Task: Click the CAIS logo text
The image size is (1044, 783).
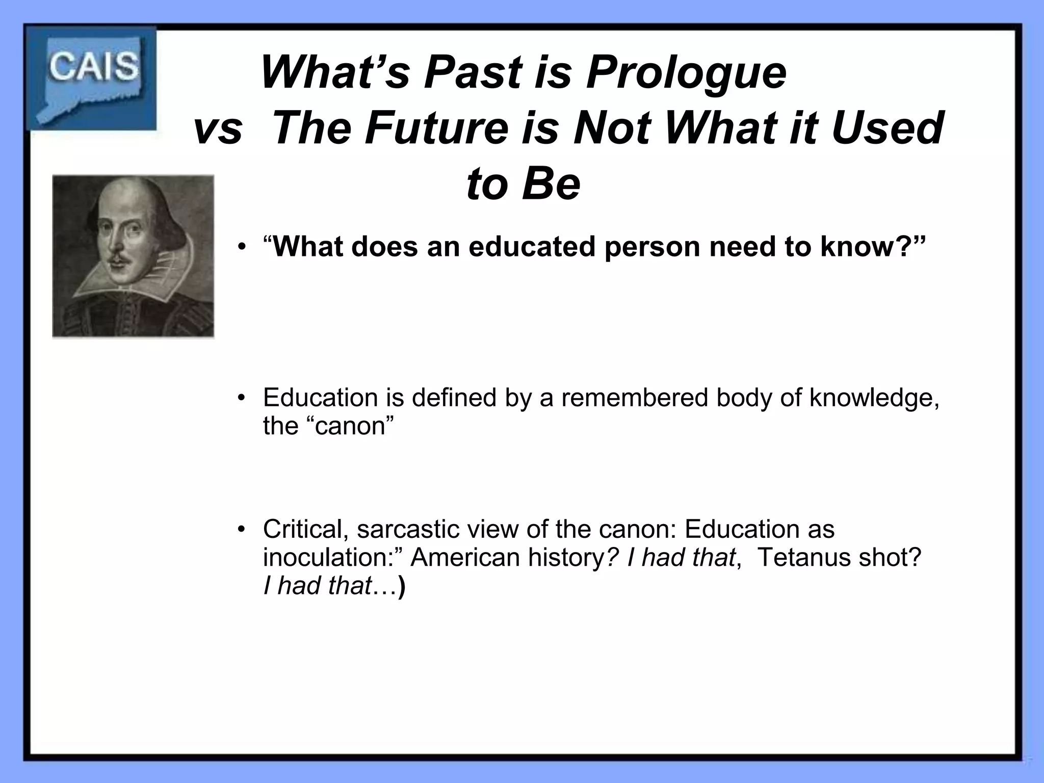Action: click(93, 67)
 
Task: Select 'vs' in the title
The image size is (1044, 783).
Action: click(218, 128)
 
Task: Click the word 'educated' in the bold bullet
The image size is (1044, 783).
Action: click(532, 247)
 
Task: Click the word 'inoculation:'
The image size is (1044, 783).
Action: click(333, 557)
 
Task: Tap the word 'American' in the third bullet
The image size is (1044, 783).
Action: click(465, 557)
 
